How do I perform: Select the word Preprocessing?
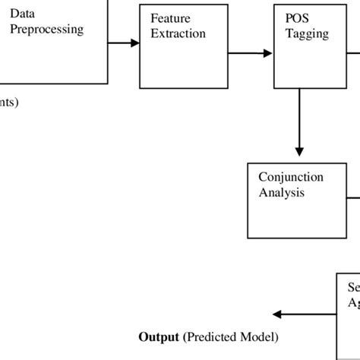[x=46, y=30]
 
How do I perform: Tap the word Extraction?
[x=178, y=34]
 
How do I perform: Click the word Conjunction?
[x=291, y=177]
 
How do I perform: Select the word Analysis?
[x=282, y=192]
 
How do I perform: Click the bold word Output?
[x=157, y=336]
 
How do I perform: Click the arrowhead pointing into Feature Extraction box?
[x=135, y=43]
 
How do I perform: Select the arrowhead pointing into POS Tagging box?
[x=268, y=53]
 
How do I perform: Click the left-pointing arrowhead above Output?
[x=277, y=314]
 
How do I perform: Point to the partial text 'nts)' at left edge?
[x=9, y=103]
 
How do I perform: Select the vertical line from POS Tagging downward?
[x=300, y=122]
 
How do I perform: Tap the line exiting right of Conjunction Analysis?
[x=353, y=200]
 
